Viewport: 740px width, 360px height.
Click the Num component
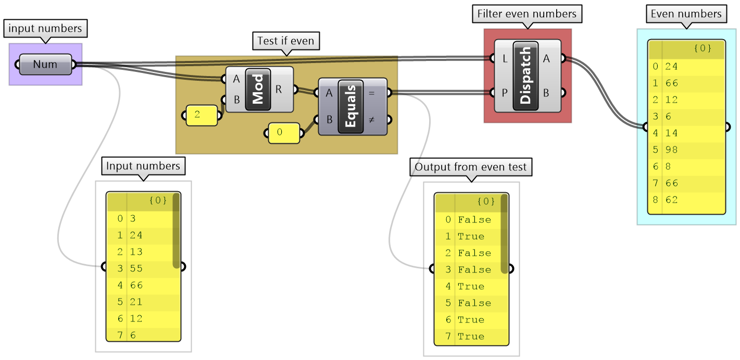tap(45, 65)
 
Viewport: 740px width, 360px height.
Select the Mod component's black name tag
tap(258, 89)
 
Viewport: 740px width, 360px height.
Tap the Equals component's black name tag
tap(350, 106)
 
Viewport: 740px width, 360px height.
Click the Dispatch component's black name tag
tap(525, 76)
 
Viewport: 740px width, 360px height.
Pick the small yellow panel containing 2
tap(202, 115)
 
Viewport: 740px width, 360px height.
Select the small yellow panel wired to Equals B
tap(284, 133)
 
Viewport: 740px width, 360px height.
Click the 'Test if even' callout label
tap(286, 41)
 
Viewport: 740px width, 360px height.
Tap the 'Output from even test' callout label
tap(471, 168)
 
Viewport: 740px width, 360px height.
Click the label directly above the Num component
tap(45, 28)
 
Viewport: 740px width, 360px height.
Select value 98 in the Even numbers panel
tap(672, 150)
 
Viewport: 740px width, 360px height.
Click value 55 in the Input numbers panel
tap(136, 268)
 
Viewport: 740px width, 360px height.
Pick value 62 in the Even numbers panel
tap(672, 200)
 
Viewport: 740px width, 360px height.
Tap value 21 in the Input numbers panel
tap(136, 302)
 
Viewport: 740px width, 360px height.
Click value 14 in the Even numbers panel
tap(672, 133)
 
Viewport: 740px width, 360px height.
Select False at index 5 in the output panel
tap(474, 303)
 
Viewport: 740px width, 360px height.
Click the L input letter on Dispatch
tap(505, 59)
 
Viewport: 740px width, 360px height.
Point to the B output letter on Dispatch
tap(546, 93)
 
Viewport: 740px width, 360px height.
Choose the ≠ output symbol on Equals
tap(371, 119)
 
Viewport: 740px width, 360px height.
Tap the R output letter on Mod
tap(279, 89)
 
